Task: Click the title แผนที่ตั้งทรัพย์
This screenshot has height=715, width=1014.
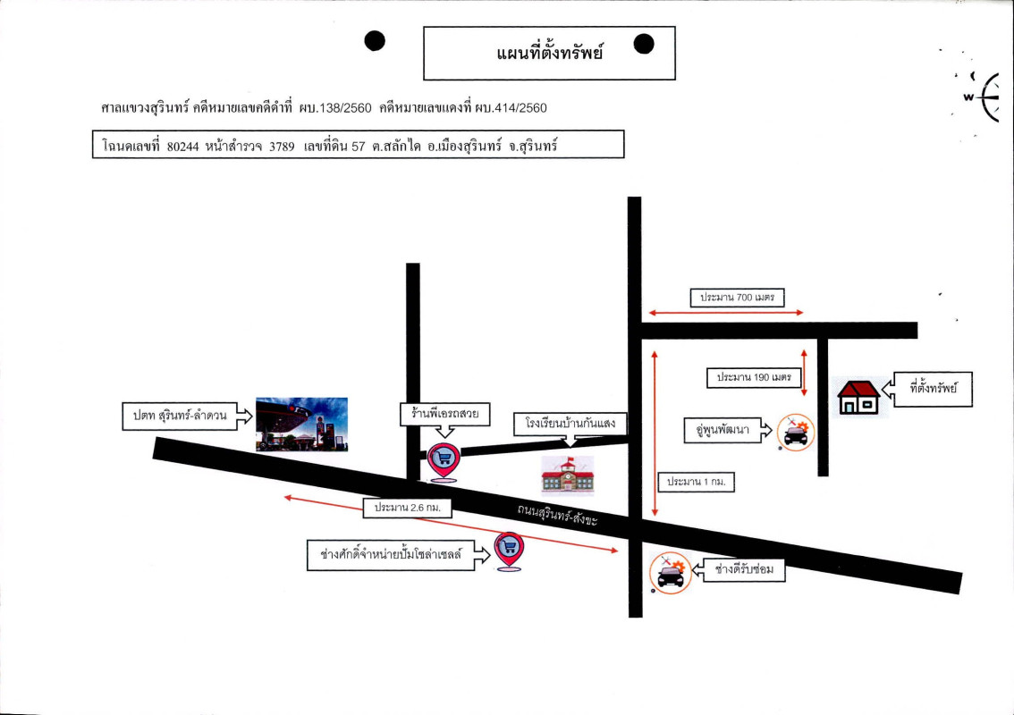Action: pos(549,54)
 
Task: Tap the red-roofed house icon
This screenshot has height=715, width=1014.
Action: pos(858,398)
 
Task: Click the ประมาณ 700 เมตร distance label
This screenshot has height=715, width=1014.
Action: pos(738,298)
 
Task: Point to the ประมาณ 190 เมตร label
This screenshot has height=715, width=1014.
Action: pos(753,378)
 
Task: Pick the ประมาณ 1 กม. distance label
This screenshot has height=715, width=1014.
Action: pos(697,483)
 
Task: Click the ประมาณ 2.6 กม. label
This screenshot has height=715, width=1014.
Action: pos(409,508)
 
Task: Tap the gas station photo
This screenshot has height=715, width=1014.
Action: pos(301,424)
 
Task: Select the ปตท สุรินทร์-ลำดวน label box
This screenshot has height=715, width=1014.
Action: pos(175,416)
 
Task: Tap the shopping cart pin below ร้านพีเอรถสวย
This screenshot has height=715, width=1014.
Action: pos(444,459)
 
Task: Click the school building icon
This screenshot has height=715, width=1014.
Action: pos(568,474)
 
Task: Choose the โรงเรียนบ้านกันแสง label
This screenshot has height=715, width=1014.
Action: pos(565,423)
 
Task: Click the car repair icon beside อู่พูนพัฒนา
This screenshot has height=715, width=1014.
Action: pos(795,433)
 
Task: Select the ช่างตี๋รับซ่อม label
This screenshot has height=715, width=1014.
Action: pos(743,569)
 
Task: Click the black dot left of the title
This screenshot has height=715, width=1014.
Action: pos(376,41)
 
